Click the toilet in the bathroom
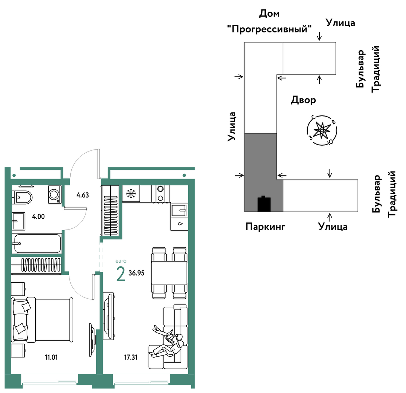click(x=22, y=197)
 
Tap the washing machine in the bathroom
click(x=55, y=194)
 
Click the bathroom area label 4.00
click(x=38, y=216)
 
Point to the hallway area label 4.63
click(x=83, y=195)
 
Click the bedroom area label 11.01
click(x=51, y=357)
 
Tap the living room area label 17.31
click(x=131, y=357)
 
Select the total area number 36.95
click(x=137, y=273)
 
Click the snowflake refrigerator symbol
click(x=131, y=193)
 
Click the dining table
click(x=169, y=273)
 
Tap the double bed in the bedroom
click(x=42, y=320)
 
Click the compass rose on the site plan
click(x=322, y=130)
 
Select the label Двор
click(x=303, y=100)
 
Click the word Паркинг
click(x=265, y=227)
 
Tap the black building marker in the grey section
click(x=264, y=204)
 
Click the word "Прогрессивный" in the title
click(x=269, y=29)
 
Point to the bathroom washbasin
click(x=18, y=221)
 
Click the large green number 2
click(x=121, y=274)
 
